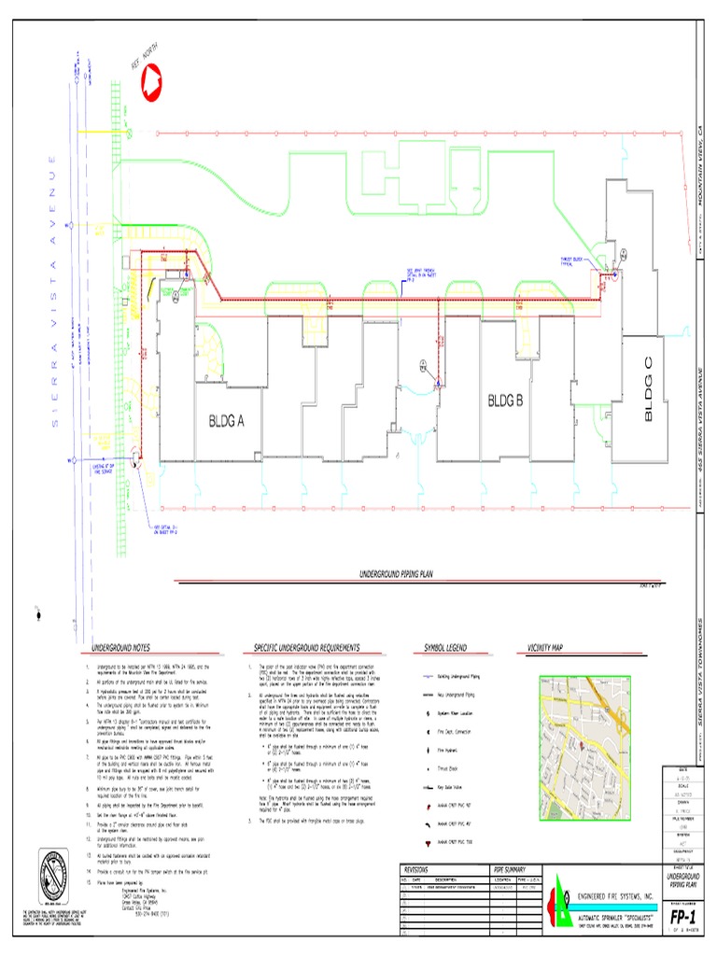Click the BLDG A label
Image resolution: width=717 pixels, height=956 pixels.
(x=226, y=422)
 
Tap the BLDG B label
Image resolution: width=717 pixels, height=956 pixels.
(x=507, y=401)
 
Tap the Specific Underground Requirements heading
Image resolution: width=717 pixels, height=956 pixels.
(x=306, y=647)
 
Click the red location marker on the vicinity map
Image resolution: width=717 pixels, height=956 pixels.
(x=580, y=745)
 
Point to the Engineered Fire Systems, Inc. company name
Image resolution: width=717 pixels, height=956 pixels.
(x=616, y=893)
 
